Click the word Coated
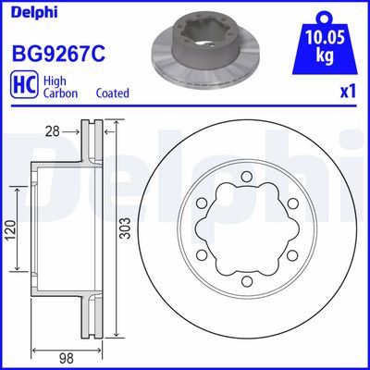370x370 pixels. coord(112,93)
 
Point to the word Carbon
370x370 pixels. coord(60,93)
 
